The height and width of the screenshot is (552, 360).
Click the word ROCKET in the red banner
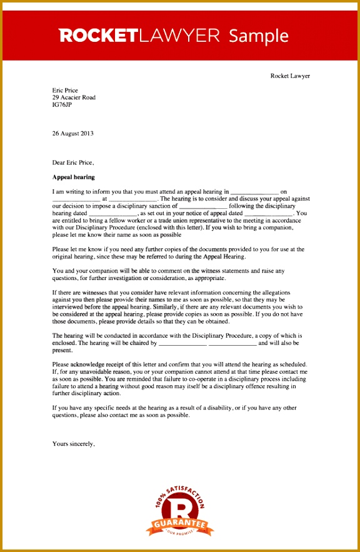pyautogui.click(x=98, y=36)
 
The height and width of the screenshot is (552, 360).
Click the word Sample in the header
pyautogui.click(x=259, y=36)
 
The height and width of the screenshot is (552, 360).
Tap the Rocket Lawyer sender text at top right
pyautogui.click(x=289, y=76)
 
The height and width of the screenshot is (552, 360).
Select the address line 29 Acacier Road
pyautogui.click(x=74, y=98)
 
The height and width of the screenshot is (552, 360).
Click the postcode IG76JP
pyautogui.click(x=62, y=105)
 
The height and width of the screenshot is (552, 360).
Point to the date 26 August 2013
pyautogui.click(x=72, y=133)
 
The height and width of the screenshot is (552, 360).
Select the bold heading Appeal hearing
pyautogui.click(x=74, y=177)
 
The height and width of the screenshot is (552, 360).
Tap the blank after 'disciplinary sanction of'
pyautogui.click(x=202, y=206)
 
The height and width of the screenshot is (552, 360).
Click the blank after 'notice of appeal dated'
pyautogui.click(x=267, y=213)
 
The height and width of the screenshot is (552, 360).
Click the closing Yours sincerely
pyautogui.click(x=74, y=444)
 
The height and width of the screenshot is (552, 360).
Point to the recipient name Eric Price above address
pyautogui.click(x=65, y=90)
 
